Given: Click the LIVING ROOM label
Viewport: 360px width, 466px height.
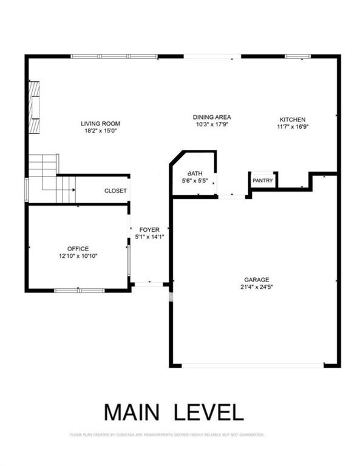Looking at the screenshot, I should tap(98, 124).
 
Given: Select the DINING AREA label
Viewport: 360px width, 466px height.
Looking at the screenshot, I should tap(212, 117).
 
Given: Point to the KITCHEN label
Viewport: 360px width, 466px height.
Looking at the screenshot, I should tap(292, 120).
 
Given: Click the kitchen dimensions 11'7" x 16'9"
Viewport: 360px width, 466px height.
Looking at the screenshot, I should tap(292, 127).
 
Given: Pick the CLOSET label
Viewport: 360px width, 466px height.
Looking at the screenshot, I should tap(115, 191).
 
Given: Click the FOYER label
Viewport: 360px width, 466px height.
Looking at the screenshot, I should tap(149, 230).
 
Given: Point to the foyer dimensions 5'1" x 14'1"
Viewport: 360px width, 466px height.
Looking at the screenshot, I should tap(149, 237).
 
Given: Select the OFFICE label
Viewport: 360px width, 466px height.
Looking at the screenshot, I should tap(78, 249).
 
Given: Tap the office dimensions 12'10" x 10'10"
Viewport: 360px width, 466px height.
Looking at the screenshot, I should tap(78, 256).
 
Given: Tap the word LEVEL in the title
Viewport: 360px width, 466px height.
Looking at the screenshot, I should tap(209, 411).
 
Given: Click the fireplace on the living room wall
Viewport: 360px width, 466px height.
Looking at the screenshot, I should tap(35, 107).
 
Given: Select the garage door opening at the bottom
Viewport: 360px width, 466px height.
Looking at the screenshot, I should tap(253, 365).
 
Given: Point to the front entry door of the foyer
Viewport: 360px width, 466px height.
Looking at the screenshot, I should tap(149, 283).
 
